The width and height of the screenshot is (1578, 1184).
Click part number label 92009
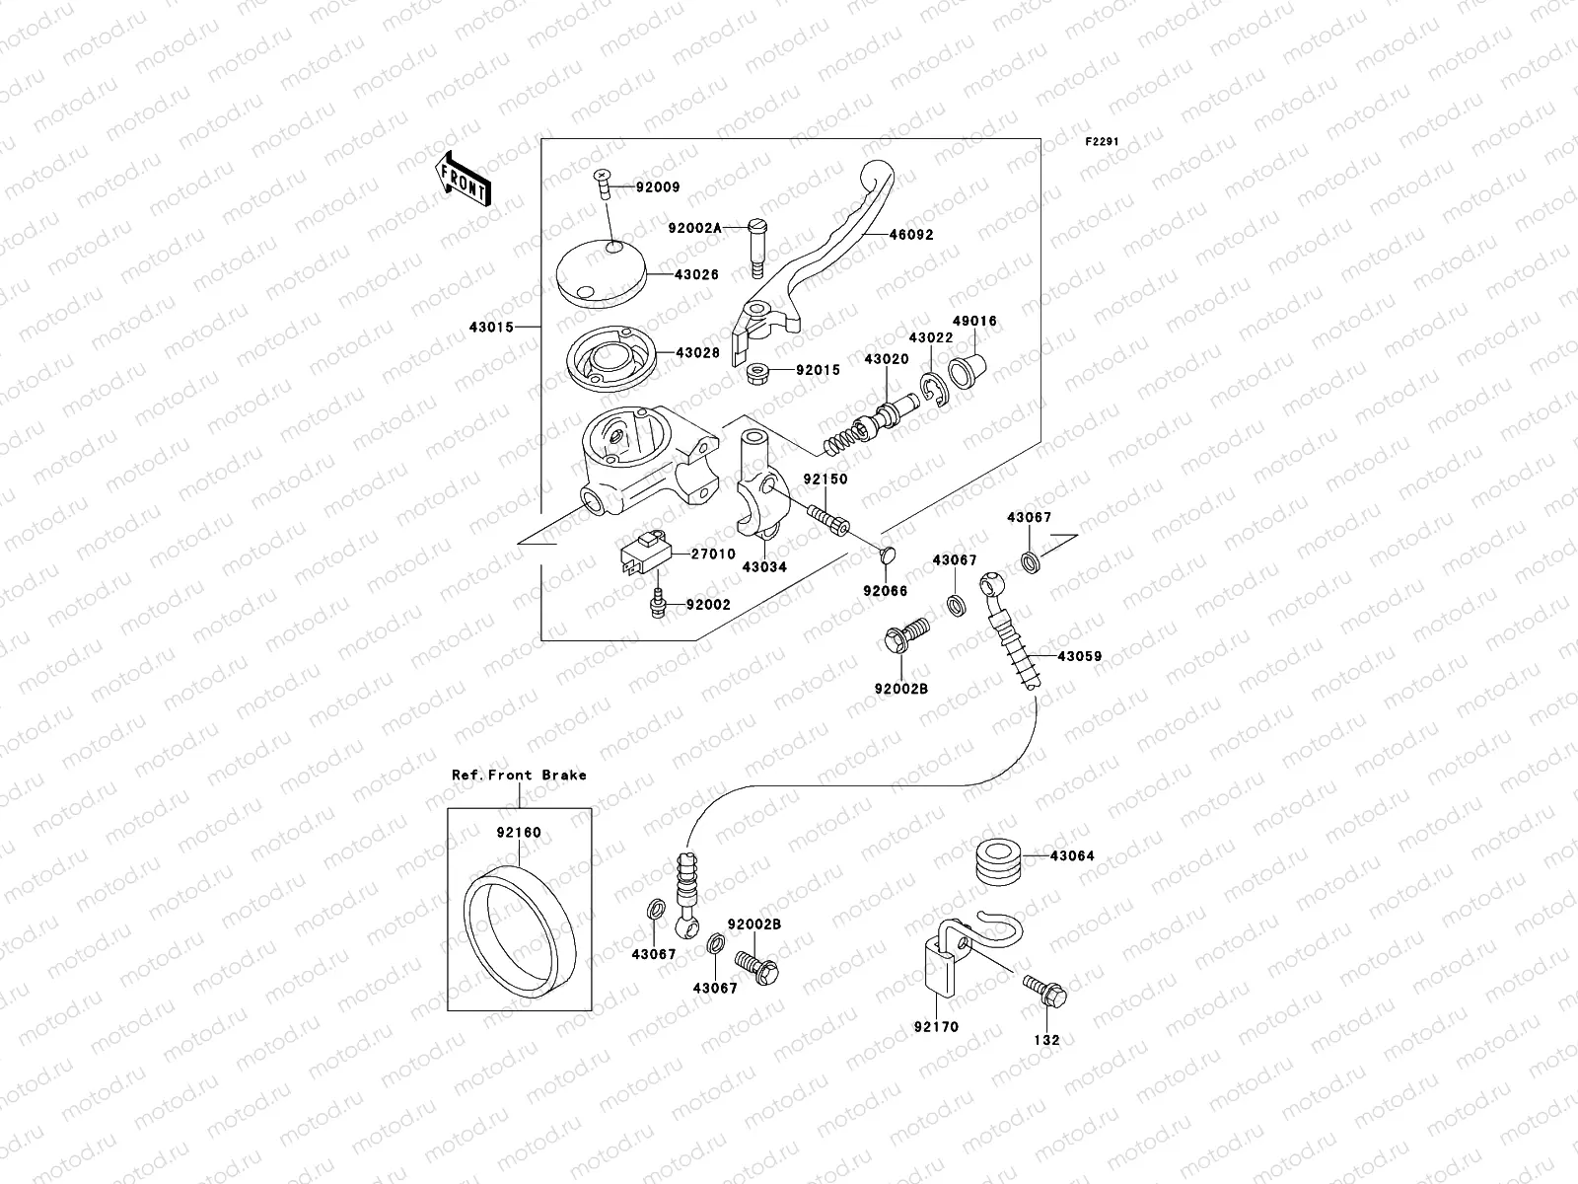click(658, 186)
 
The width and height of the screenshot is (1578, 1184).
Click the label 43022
click(930, 337)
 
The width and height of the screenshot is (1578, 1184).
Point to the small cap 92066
click(886, 556)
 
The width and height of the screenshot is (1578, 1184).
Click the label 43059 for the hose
click(1079, 655)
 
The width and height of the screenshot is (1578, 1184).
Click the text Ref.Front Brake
click(519, 775)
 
